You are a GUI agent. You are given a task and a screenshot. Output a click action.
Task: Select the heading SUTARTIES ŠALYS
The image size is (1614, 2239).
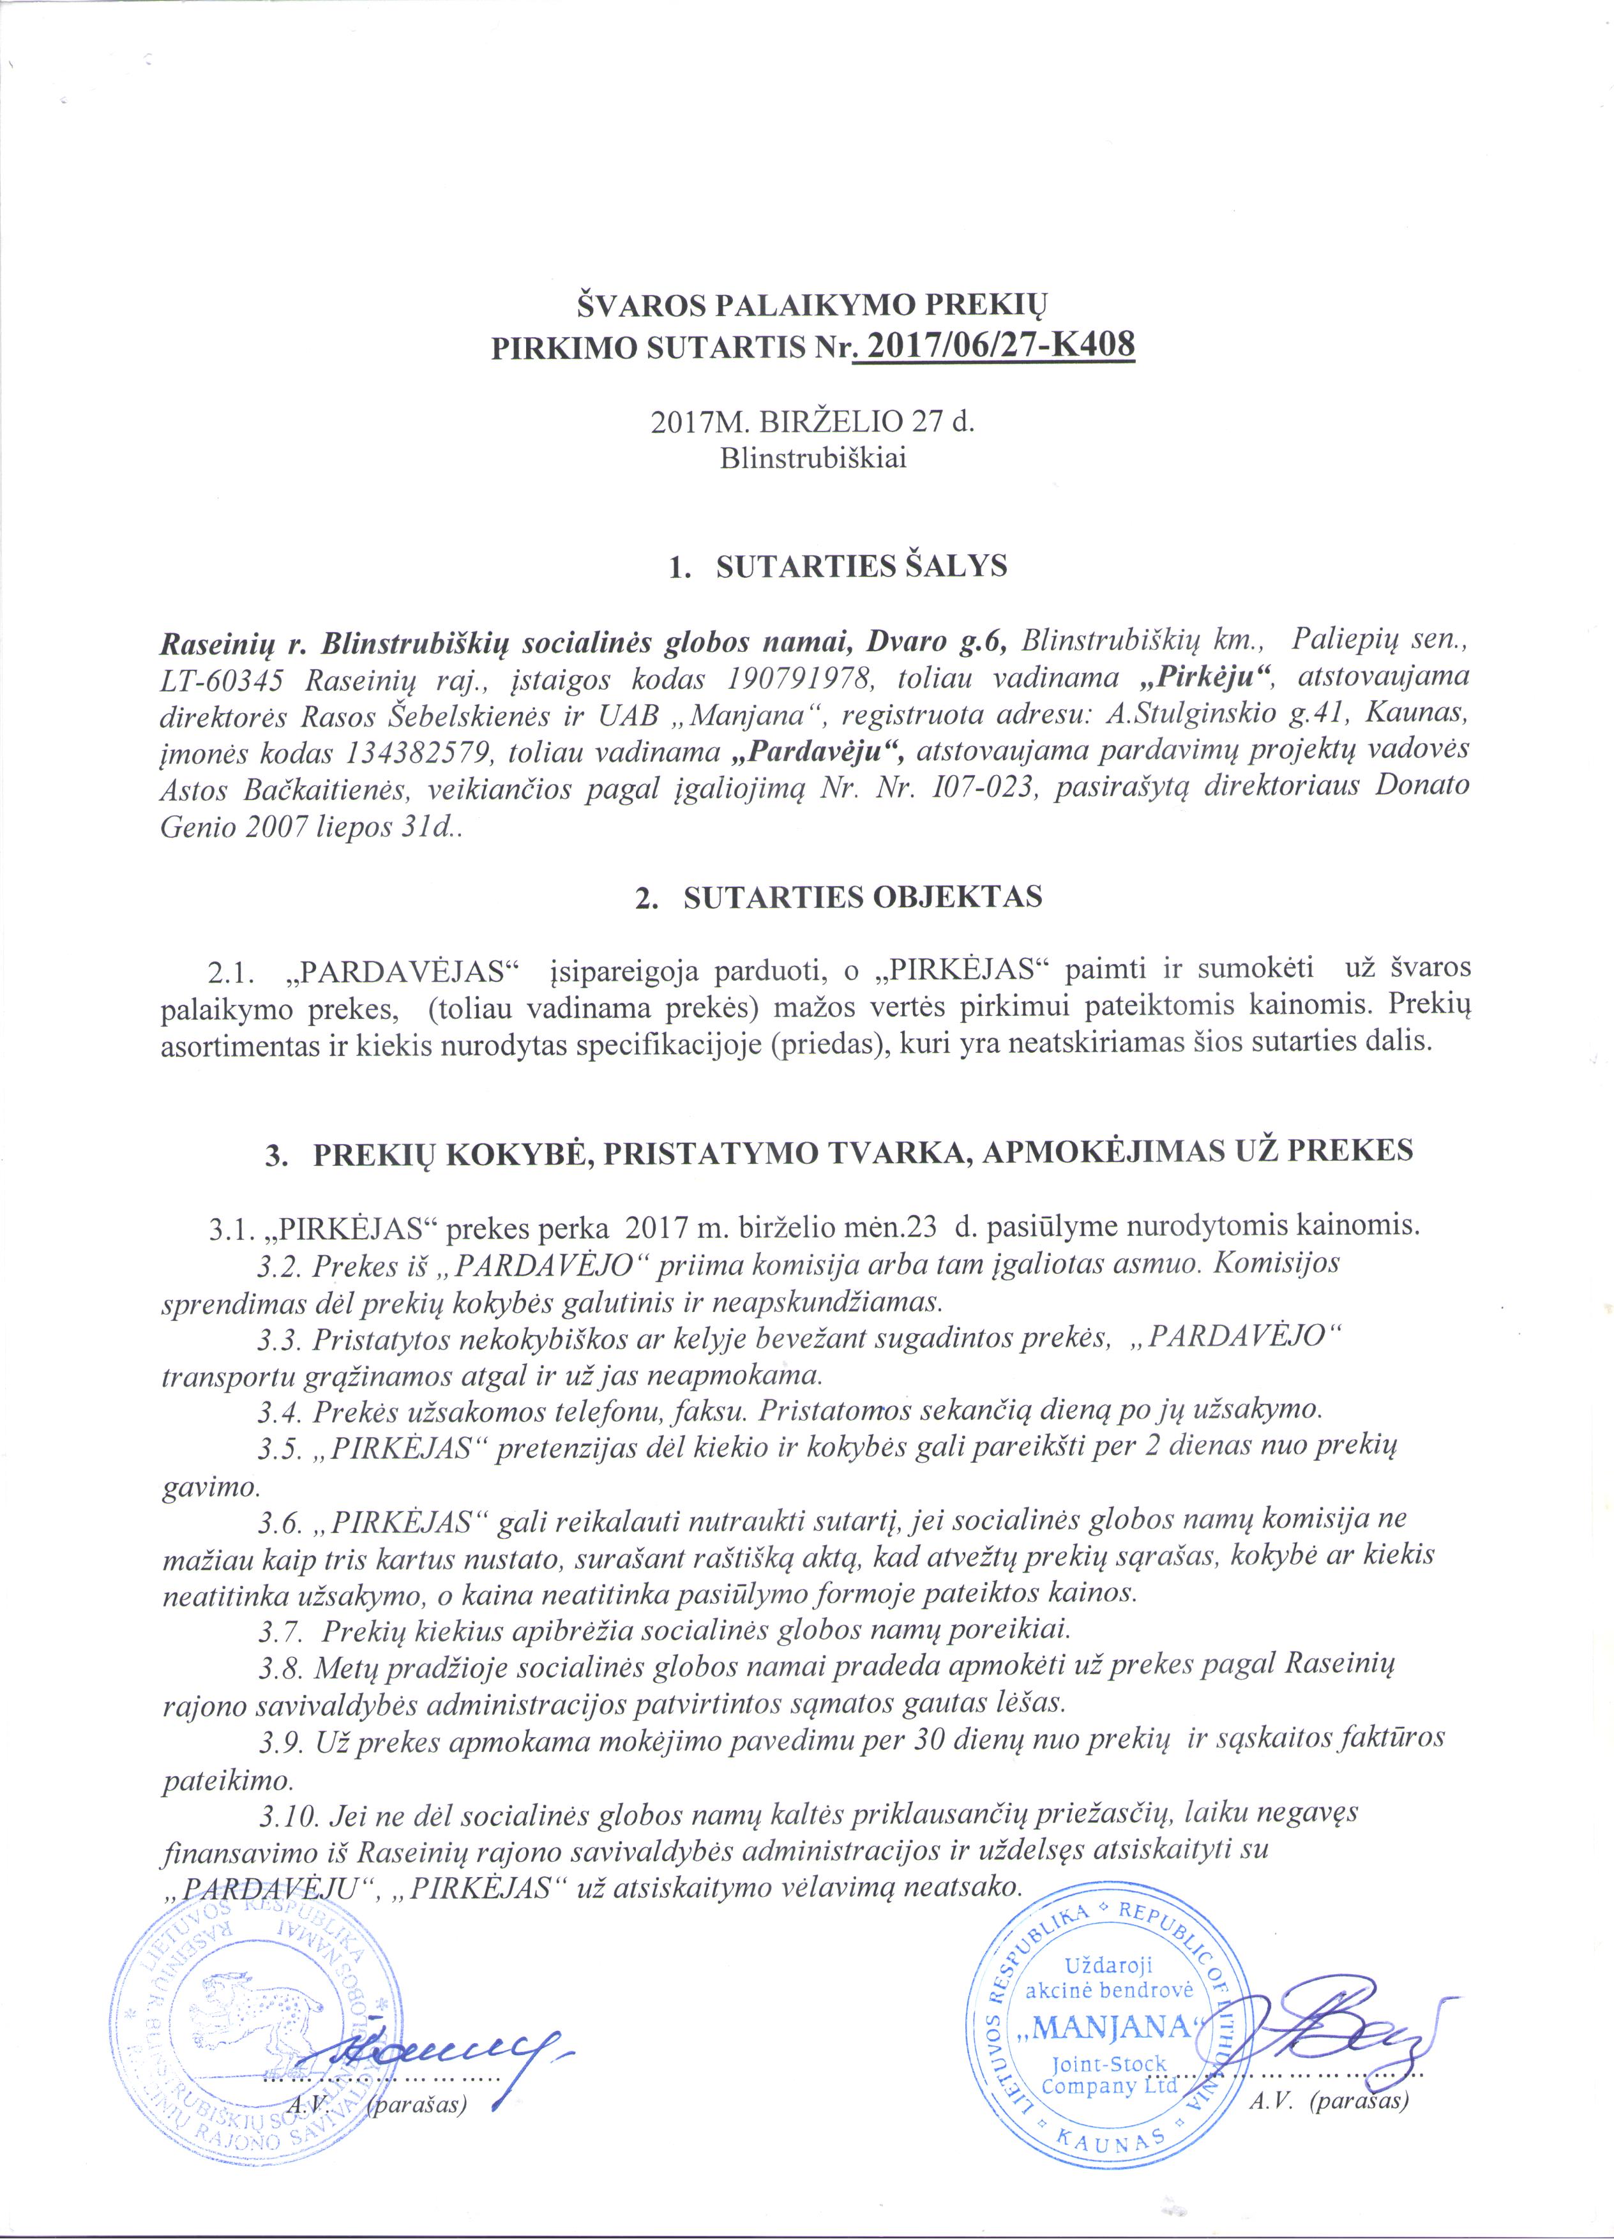(x=860, y=567)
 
